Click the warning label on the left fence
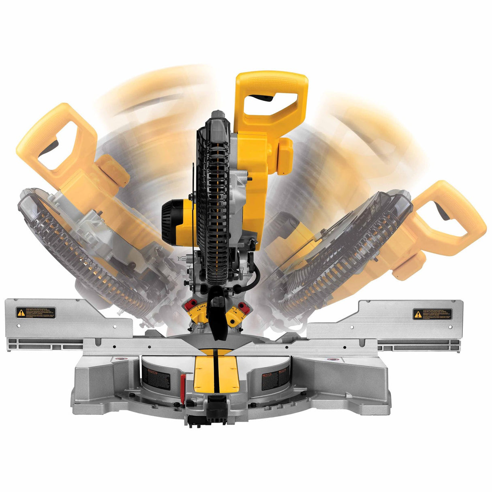pyautogui.click(x=36, y=312)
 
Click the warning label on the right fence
pyautogui.click(x=432, y=314)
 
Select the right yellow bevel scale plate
pyautogui.click(x=236, y=315)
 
